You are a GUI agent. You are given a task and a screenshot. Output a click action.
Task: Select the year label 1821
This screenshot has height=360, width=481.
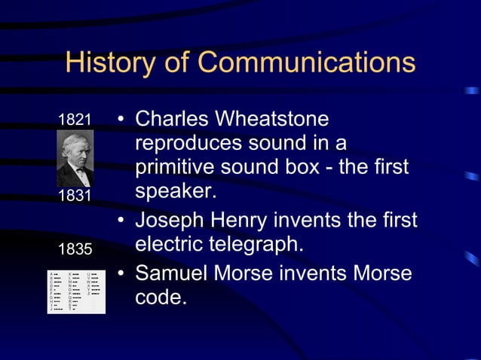[x=75, y=120]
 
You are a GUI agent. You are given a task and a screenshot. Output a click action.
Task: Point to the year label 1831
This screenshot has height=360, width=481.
[x=75, y=196]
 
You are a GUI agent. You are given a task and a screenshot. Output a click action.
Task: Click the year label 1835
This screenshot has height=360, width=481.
[x=75, y=249]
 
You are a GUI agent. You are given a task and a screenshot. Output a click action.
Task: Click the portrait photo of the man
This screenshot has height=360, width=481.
[x=75, y=158]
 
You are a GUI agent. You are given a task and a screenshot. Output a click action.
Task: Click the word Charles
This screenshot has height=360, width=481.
[x=172, y=120]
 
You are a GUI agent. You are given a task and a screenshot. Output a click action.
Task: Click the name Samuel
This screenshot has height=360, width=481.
[x=173, y=272]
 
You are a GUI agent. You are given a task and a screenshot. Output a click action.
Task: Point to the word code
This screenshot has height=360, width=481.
[x=160, y=297]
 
